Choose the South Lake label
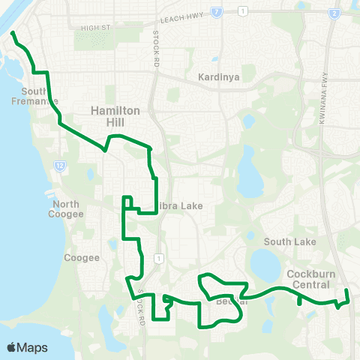(x=290, y=241)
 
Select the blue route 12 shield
(x=59, y=165)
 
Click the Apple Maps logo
(x=27, y=347)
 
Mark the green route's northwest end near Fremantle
(x=13, y=33)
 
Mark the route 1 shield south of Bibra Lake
(x=158, y=258)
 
